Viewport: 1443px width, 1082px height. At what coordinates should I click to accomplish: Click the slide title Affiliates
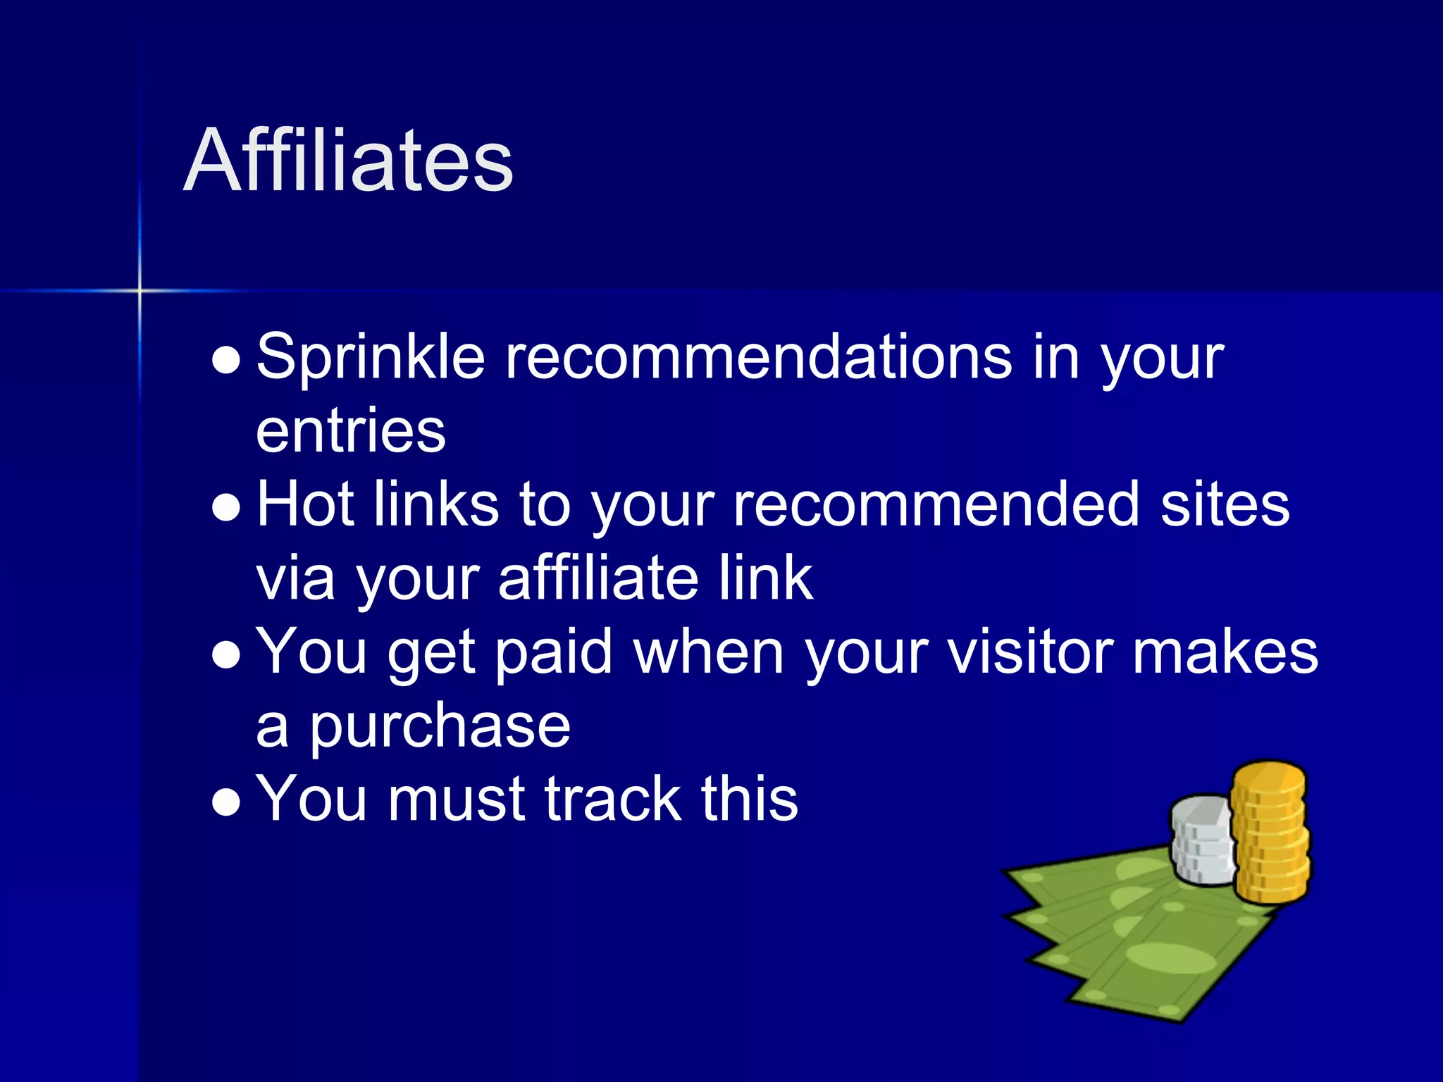tap(348, 161)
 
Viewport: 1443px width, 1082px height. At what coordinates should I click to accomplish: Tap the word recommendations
tap(759, 356)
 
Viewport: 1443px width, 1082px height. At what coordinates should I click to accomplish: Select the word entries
tap(350, 431)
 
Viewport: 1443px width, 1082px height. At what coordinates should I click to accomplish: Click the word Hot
tap(305, 504)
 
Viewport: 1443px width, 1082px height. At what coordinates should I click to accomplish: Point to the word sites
tap(1225, 504)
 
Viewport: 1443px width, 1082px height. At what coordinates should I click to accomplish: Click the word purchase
tap(440, 727)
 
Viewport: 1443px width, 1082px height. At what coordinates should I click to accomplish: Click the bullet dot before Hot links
tap(226, 508)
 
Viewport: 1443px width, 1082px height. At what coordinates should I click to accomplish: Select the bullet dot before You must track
tap(226, 802)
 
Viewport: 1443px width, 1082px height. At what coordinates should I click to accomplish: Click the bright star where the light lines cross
tap(140, 290)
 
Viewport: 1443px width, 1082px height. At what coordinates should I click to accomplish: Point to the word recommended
tap(936, 504)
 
